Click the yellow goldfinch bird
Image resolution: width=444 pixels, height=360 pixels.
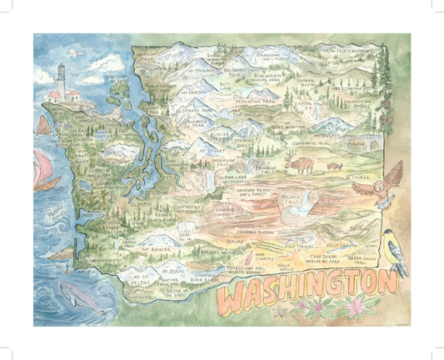(x=394, y=250)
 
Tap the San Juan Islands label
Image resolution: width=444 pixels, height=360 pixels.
(x=113, y=77)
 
